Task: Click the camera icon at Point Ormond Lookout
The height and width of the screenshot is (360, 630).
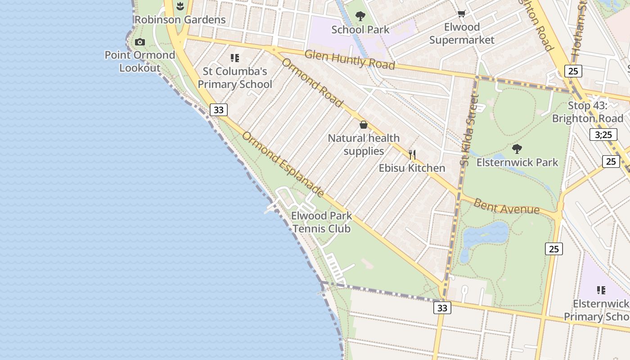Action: click(140, 42)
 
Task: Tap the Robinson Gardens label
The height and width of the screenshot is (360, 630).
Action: click(180, 20)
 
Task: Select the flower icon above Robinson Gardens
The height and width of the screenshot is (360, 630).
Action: click(180, 6)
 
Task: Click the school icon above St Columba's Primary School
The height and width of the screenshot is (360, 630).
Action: click(234, 58)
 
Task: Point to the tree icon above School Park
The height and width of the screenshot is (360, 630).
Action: click(360, 17)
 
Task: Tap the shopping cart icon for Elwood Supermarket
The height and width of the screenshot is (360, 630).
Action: click(461, 14)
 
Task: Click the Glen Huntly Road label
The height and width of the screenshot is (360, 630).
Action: click(350, 59)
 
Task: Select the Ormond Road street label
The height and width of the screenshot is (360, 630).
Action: click(312, 82)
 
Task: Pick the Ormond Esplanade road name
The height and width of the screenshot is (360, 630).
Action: click(283, 164)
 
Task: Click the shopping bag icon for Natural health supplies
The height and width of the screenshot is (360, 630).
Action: click(364, 125)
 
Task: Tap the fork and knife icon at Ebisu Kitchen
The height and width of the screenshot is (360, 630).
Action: click(412, 155)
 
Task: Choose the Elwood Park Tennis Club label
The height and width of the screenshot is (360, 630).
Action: click(321, 222)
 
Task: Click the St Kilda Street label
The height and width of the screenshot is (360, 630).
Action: click(469, 130)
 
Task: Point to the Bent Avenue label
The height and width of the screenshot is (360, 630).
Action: click(506, 206)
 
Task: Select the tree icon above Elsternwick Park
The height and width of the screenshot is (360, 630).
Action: click(517, 148)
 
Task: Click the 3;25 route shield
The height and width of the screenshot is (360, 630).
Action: click(603, 135)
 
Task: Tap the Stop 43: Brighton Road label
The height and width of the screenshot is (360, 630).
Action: click(587, 112)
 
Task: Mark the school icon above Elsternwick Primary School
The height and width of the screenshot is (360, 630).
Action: click(601, 290)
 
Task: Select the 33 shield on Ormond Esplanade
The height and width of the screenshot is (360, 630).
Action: click(219, 110)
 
